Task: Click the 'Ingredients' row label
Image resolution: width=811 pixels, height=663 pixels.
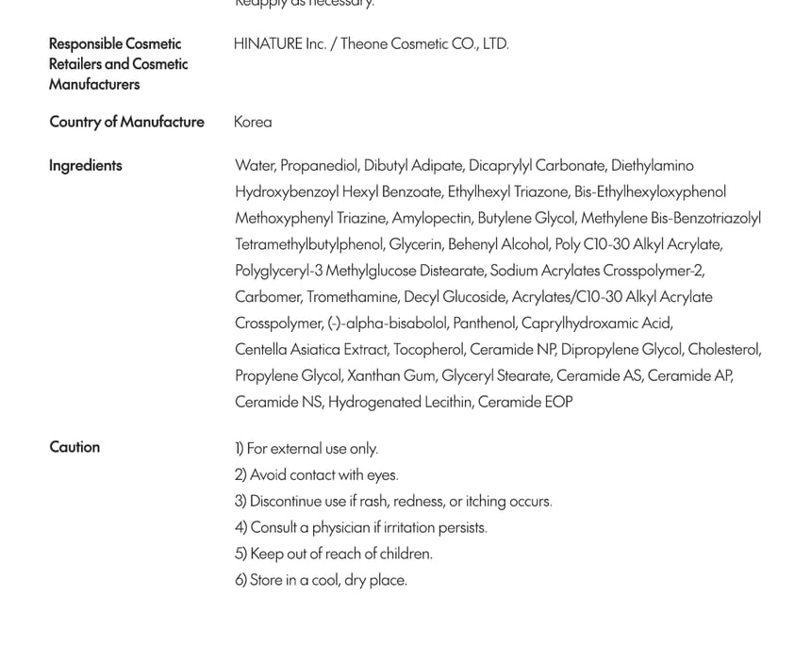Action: (86, 166)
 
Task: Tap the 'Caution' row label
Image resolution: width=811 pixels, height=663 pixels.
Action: (74, 447)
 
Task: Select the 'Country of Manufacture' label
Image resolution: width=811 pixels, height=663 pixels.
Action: (126, 122)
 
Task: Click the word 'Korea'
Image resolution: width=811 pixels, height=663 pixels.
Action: (253, 122)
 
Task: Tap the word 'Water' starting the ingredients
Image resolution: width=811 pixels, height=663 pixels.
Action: (255, 166)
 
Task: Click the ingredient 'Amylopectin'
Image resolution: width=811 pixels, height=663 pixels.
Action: (432, 218)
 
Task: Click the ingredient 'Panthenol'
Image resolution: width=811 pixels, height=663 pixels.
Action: (484, 323)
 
